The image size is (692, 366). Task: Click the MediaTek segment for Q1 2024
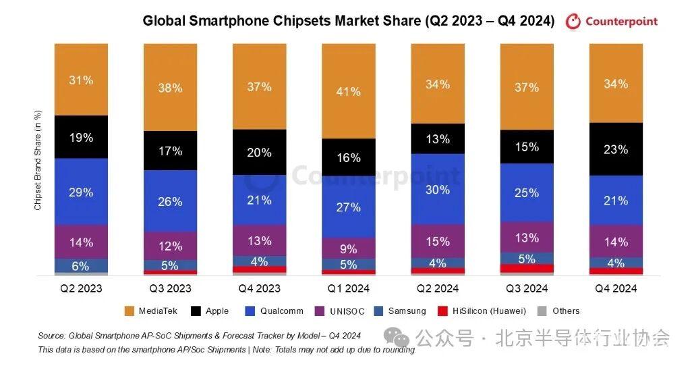(x=348, y=91)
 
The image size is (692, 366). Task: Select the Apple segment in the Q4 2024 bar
(x=616, y=149)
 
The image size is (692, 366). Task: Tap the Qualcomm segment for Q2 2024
(x=438, y=189)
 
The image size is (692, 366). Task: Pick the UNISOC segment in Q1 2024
(x=348, y=247)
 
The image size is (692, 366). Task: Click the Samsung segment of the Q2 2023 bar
(x=81, y=265)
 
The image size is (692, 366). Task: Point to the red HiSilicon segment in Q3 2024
(x=527, y=268)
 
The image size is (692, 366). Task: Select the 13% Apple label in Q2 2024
(x=438, y=139)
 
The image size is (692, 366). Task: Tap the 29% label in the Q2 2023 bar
(x=81, y=192)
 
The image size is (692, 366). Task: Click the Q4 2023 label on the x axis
(x=259, y=288)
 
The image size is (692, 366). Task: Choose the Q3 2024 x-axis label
(x=527, y=288)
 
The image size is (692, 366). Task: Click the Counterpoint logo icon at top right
(x=573, y=22)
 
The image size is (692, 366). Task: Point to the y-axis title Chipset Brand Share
(x=38, y=159)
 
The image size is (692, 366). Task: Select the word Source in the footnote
(x=51, y=336)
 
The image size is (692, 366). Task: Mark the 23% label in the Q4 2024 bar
(x=616, y=149)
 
